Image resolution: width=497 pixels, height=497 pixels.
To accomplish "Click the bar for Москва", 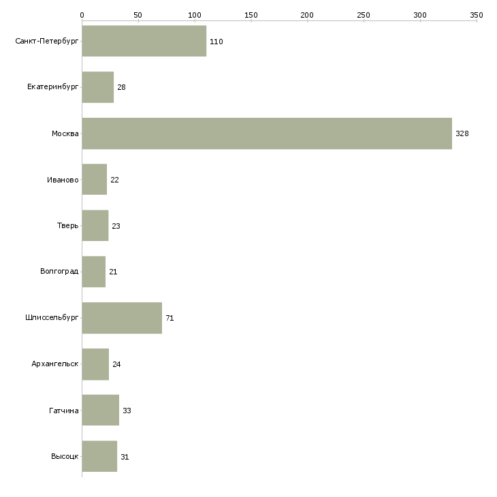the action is [x=267, y=133].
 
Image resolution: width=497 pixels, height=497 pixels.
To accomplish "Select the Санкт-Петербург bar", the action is [x=144, y=41].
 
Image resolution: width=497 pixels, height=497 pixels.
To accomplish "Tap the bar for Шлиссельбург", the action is [x=122, y=318].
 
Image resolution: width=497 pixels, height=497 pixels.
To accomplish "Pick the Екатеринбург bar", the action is [x=98, y=87].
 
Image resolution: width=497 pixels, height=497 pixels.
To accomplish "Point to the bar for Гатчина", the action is [x=101, y=410].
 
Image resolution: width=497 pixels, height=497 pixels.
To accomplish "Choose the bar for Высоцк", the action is [x=99, y=456].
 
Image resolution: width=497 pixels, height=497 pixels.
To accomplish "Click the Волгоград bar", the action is [x=94, y=272].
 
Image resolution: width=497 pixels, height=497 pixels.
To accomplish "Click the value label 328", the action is [x=462, y=133].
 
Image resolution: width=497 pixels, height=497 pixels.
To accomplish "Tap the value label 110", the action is [x=217, y=42].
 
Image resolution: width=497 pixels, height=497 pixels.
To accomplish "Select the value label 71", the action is [x=170, y=318].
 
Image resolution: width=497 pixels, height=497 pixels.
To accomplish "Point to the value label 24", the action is [x=116, y=364].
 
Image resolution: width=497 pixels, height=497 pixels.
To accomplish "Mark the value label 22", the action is [x=114, y=180].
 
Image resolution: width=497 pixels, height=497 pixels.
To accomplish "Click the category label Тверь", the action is [x=67, y=225].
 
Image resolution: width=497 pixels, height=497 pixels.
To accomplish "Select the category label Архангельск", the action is [x=55, y=364].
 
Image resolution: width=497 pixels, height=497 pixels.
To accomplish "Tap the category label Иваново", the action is [x=63, y=180].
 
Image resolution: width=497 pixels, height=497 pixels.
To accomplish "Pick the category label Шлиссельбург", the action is [x=52, y=317].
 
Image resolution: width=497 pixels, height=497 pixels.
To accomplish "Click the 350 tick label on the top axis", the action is [x=477, y=15].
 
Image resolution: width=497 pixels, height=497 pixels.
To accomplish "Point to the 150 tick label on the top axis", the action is [x=251, y=15].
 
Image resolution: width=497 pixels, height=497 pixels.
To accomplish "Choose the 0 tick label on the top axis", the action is [x=82, y=15].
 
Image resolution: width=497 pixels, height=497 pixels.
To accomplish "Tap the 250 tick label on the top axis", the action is [x=364, y=15].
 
